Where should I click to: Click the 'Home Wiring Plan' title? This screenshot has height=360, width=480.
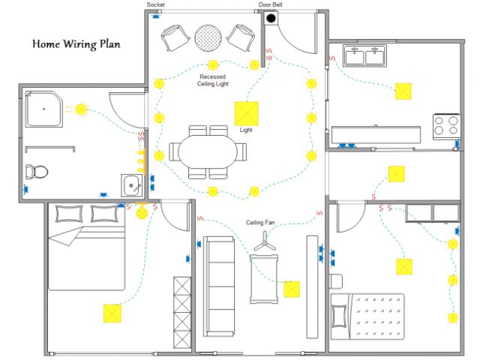[x=76, y=43]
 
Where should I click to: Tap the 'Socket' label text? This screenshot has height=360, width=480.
[x=155, y=5]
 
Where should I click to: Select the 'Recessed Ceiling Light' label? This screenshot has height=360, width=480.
[x=213, y=80]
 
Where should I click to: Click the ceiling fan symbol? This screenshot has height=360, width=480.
[x=263, y=242]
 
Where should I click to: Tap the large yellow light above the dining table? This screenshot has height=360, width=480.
[x=246, y=113]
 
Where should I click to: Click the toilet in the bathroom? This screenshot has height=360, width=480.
[x=36, y=171]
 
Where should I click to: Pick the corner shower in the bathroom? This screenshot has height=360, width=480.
[x=44, y=109]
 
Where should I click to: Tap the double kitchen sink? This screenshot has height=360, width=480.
[x=364, y=56]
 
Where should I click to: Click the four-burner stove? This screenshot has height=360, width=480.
[x=446, y=124]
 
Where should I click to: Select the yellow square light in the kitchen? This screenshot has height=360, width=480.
[x=403, y=91]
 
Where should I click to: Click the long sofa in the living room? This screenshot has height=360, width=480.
[x=220, y=286]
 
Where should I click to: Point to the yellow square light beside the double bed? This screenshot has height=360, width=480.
[x=112, y=312]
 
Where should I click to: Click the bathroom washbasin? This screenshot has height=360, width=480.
[x=133, y=184]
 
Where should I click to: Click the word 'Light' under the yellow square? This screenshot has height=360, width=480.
[x=246, y=130]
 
